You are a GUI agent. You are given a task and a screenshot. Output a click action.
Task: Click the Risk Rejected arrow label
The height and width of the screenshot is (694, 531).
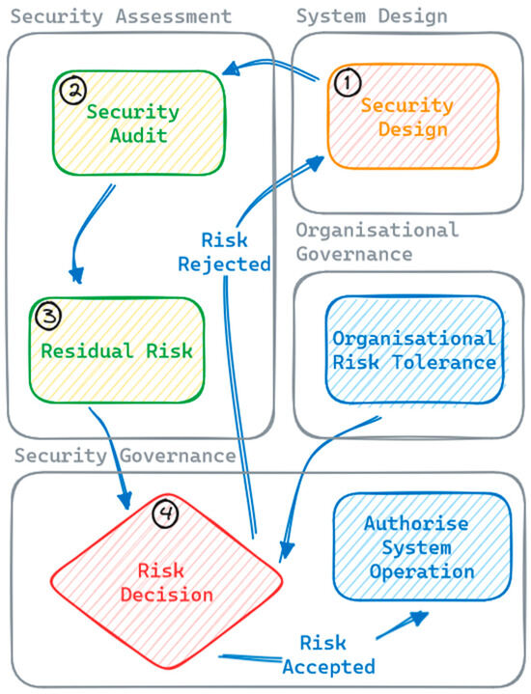237,251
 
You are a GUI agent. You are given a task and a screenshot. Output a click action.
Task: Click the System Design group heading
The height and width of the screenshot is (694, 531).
371,15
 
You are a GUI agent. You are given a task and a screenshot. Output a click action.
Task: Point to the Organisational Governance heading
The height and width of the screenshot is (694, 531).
377,241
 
